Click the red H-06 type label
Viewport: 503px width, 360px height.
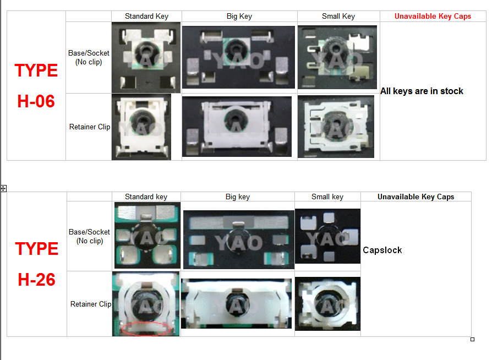pyautogui.click(x=36, y=86)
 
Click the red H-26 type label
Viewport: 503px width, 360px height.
pyautogui.click(x=36, y=264)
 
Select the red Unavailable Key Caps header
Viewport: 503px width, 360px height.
pyautogui.click(x=433, y=17)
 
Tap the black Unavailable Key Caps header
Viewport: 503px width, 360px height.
pyautogui.click(x=415, y=197)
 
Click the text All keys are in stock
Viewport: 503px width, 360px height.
pyautogui.click(x=422, y=91)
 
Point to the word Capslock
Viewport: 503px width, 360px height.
pyautogui.click(x=382, y=250)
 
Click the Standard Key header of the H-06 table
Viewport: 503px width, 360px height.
pyautogui.click(x=146, y=17)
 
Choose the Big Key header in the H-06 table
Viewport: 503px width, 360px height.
pyautogui.click(x=239, y=17)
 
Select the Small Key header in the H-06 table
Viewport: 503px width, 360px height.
pyautogui.click(x=338, y=17)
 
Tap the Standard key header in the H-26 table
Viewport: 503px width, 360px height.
pyautogui.click(x=146, y=197)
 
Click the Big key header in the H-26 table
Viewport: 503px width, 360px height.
pyautogui.click(x=238, y=197)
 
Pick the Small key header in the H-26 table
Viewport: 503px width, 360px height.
pyautogui.click(x=327, y=197)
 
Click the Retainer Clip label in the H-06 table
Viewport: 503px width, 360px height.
pyautogui.click(x=90, y=127)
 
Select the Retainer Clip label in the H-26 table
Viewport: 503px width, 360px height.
pyautogui.click(x=91, y=304)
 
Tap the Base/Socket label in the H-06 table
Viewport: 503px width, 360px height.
pyautogui.click(x=89, y=57)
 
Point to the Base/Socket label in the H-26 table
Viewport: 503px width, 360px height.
pyautogui.click(x=90, y=236)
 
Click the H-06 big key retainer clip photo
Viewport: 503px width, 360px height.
pyautogui.click(x=237, y=127)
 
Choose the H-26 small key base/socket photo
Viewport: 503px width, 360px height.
pyautogui.click(x=327, y=236)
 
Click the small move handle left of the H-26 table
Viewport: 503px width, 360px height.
pyautogui.click(x=3, y=188)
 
